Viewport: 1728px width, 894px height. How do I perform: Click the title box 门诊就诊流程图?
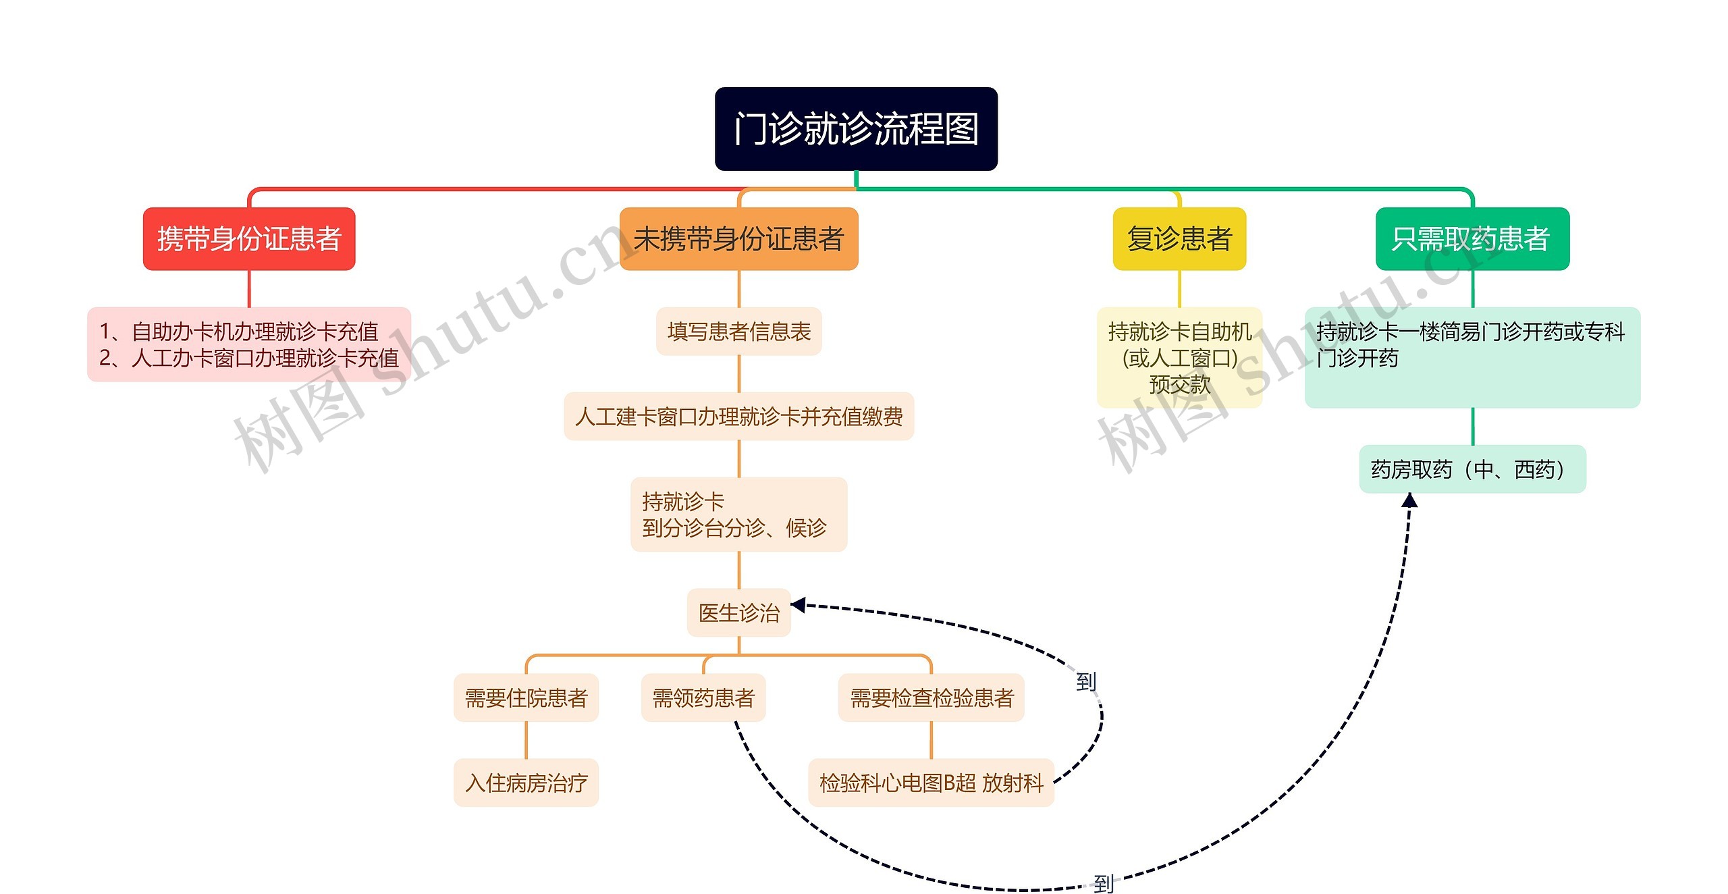tap(856, 128)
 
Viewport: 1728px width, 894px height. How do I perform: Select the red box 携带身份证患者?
tap(248, 239)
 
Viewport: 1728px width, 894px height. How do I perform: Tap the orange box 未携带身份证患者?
tap(738, 239)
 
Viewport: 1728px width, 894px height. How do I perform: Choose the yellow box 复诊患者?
tap(1179, 239)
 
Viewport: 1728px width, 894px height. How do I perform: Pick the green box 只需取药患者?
tap(1472, 239)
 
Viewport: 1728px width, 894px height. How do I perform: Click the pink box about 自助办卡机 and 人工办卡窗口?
tap(248, 344)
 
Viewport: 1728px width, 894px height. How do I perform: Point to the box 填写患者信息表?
tap(738, 332)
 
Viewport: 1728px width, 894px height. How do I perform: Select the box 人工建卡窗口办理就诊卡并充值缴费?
tap(738, 417)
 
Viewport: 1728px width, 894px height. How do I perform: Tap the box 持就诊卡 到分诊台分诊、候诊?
tap(738, 515)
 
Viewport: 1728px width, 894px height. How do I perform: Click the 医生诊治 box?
tap(738, 612)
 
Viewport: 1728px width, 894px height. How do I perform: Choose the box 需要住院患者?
tap(526, 698)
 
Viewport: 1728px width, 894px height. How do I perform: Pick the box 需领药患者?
tap(703, 698)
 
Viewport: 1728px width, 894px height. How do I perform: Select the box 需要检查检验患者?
tap(931, 698)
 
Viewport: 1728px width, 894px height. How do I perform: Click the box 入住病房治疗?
tap(526, 783)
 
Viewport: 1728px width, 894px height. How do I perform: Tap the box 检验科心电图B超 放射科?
tap(931, 783)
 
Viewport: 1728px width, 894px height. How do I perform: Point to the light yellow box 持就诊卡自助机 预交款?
tap(1179, 358)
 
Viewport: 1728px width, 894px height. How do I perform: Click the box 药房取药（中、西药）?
tap(1472, 469)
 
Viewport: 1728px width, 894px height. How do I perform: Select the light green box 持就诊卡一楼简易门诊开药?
tap(1472, 358)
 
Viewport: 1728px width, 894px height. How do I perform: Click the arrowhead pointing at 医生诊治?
tap(799, 604)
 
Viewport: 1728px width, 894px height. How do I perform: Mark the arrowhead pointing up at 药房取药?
tap(1409, 500)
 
